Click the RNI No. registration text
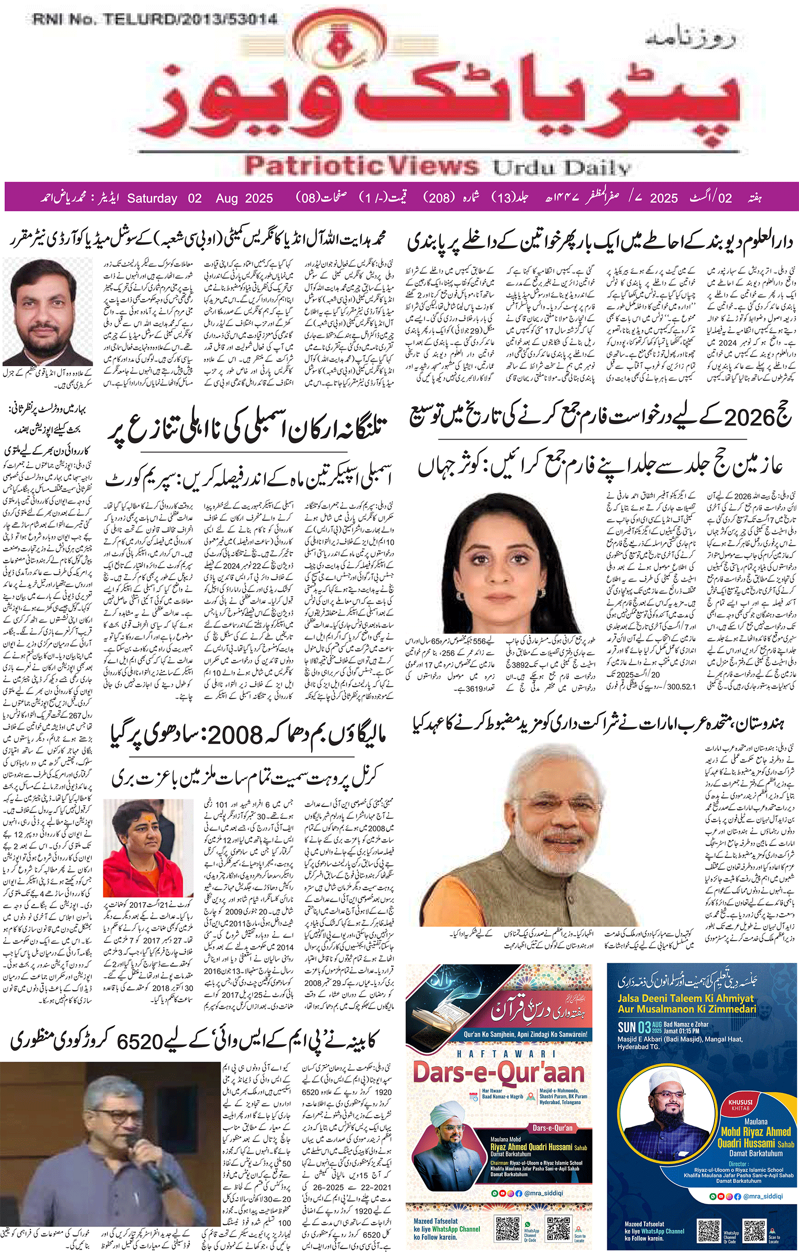(x=154, y=20)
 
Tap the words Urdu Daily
(x=561, y=167)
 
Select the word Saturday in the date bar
(x=152, y=198)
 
